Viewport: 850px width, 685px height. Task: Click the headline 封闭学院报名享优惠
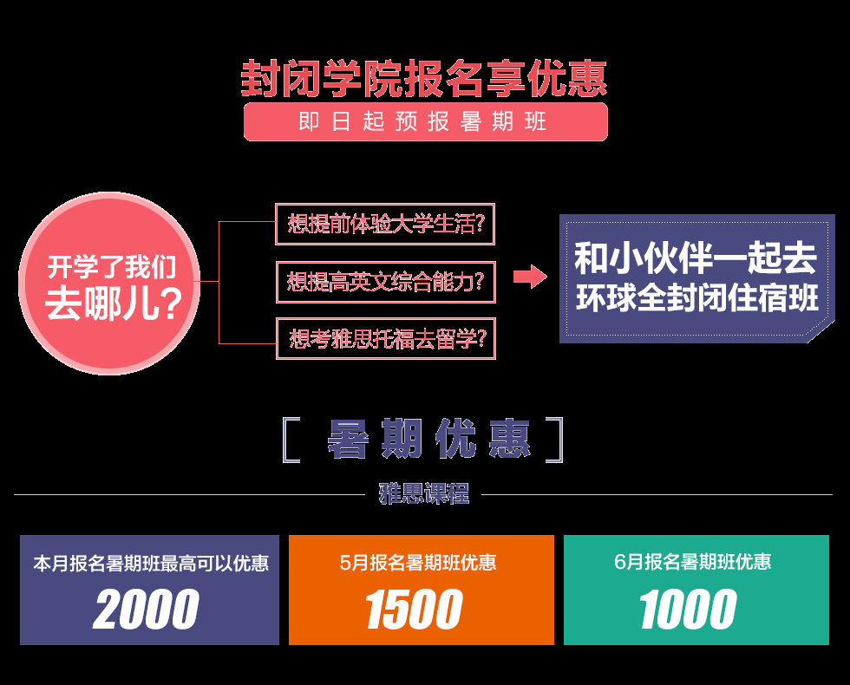point(424,79)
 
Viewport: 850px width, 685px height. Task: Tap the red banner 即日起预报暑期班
point(424,121)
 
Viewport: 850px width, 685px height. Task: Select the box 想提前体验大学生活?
point(385,225)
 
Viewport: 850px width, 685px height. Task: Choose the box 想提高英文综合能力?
point(385,282)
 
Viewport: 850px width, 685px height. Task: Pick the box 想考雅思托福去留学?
point(385,339)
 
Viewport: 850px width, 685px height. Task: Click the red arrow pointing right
point(529,277)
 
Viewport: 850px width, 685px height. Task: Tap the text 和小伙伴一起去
point(696,259)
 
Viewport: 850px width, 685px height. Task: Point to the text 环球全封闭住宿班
point(696,299)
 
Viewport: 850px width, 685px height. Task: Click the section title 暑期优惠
point(428,440)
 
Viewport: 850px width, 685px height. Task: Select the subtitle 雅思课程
point(424,494)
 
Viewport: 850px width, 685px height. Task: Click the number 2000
point(147,610)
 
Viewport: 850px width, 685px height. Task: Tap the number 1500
point(414,610)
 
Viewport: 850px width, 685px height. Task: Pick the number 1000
point(689,610)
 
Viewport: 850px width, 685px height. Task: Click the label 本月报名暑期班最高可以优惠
point(151,564)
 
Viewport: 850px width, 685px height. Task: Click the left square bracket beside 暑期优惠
point(291,440)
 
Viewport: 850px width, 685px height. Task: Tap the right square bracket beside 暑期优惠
point(554,440)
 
